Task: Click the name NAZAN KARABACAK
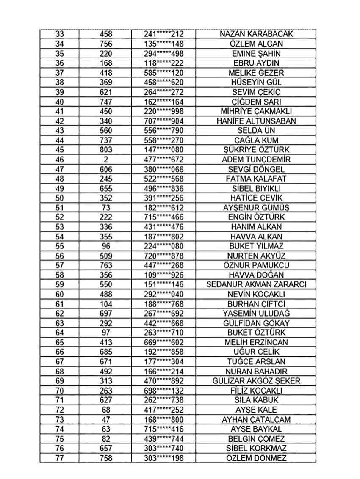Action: coord(257,34)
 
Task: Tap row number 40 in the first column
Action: coord(60,102)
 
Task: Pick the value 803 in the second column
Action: coord(106,150)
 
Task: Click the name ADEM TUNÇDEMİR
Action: coord(257,160)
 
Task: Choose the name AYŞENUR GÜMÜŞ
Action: coord(257,208)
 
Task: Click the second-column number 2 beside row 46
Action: coord(106,160)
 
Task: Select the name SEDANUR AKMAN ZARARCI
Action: coord(257,284)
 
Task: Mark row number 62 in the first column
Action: coord(60,314)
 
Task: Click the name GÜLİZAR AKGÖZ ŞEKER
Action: coord(257,381)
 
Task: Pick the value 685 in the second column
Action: coord(106,352)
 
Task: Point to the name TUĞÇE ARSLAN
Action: coord(257,362)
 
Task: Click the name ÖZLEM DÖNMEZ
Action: coord(257,458)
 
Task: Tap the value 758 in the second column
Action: coord(106,458)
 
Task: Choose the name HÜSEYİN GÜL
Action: coord(257,83)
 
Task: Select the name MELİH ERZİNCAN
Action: coord(257,342)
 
